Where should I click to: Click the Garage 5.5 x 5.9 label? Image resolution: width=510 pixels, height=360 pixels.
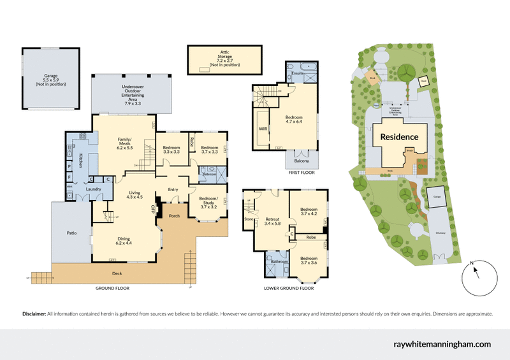(51, 80)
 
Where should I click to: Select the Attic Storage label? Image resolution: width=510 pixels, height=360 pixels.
(224, 57)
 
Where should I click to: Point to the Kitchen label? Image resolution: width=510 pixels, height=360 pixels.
(81, 161)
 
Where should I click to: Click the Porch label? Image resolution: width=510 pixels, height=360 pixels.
(173, 216)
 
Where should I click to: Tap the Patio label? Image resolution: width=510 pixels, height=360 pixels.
(71, 233)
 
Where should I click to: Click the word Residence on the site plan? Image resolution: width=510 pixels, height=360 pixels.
(399, 136)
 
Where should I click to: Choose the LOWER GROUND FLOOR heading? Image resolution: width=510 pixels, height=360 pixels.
(289, 288)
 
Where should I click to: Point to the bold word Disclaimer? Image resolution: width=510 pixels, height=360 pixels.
(34, 314)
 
